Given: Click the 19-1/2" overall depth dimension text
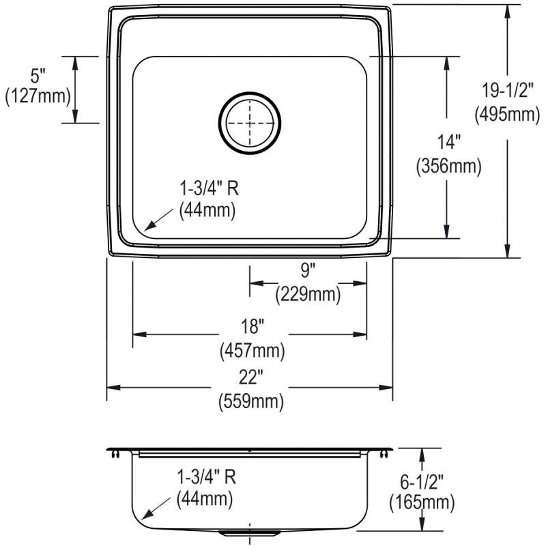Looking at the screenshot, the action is point(507,91).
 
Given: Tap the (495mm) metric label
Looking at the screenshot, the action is point(507,114).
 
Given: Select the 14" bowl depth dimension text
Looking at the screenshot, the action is point(449,143).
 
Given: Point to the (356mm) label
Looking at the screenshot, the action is point(449,166).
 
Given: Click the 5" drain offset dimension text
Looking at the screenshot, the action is point(38,76).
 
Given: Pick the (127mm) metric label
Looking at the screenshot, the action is point(38,96).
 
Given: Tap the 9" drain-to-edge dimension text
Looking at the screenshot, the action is point(308,270).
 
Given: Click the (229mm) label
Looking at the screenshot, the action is point(308,295).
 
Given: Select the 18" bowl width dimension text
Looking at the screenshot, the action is point(253,327).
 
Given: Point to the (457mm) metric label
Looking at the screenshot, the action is point(253,350).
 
